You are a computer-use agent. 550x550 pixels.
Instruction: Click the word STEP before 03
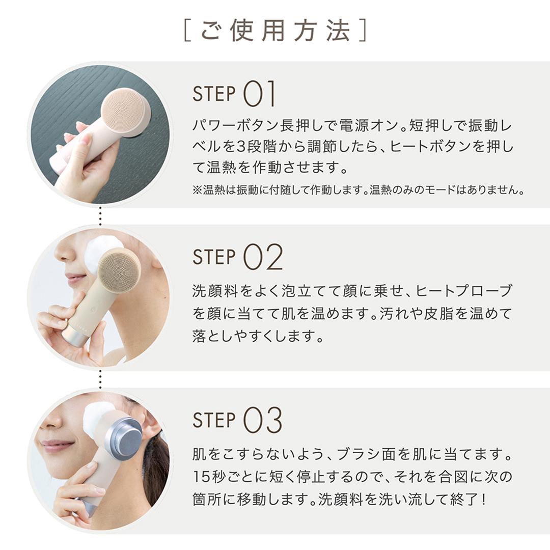click(x=214, y=421)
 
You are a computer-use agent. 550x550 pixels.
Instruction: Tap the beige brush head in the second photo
click(x=119, y=270)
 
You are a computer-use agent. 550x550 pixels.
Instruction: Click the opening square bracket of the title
click(x=187, y=31)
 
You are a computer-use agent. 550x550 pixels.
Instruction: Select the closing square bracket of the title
click(x=363, y=31)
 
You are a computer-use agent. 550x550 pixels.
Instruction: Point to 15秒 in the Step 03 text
click(x=210, y=477)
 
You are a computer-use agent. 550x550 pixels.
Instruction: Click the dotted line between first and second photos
click(x=100, y=216)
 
